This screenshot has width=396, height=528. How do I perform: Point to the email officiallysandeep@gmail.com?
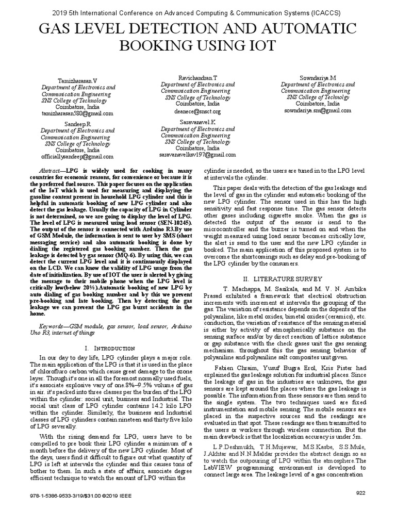point(77,157)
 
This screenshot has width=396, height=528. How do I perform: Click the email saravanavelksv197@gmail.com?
point(198,154)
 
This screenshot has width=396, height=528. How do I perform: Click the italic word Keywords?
point(54,327)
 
